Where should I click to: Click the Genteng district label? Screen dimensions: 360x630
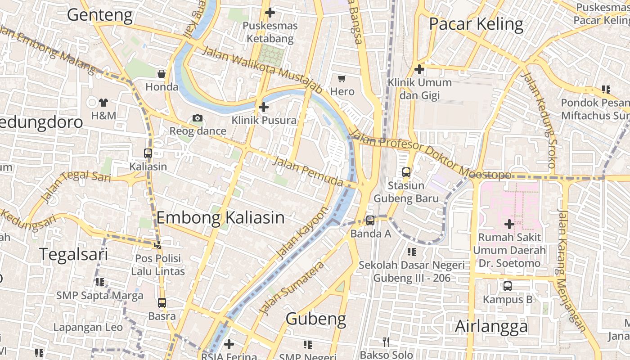[x=100, y=15]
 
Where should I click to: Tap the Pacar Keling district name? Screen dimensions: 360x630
[x=476, y=24]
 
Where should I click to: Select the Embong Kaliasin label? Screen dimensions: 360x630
[x=220, y=218]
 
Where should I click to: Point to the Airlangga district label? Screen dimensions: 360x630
[x=491, y=326]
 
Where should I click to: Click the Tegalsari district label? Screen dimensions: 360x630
[x=73, y=254]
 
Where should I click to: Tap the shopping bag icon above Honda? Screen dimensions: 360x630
[x=162, y=74]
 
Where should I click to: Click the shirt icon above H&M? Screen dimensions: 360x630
[x=103, y=103]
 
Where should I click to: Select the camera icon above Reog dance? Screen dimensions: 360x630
[x=197, y=118]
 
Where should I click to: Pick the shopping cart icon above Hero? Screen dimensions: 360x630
[x=342, y=79]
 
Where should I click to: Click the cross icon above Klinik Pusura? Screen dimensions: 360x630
[x=264, y=107]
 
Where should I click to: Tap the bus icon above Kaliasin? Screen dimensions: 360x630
[x=148, y=153]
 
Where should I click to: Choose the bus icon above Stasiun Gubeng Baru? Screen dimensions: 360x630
[x=406, y=172]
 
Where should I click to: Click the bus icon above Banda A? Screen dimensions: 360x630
[x=370, y=220]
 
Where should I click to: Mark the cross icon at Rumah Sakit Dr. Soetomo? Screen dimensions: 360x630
[x=509, y=224]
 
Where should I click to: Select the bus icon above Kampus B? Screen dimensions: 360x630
[x=508, y=286]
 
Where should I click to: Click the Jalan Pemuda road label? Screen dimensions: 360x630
[x=308, y=171]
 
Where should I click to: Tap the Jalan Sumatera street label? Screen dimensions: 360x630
[x=292, y=288]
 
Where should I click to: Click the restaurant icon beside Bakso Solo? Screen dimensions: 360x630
[x=386, y=342]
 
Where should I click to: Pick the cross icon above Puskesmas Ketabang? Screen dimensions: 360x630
[x=270, y=13]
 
